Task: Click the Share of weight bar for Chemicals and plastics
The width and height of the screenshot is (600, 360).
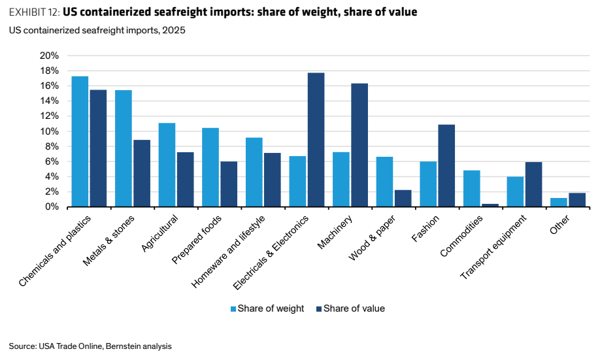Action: [x=80, y=142]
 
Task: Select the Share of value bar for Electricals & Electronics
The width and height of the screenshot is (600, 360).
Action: [x=316, y=140]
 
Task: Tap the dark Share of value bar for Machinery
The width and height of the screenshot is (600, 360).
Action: [x=359, y=146]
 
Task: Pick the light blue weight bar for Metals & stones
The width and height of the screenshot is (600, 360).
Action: [x=124, y=148]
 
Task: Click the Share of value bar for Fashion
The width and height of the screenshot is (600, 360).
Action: [x=446, y=166]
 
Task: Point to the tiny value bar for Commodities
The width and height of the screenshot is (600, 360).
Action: [x=490, y=205]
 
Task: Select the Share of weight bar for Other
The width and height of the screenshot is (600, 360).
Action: [x=559, y=203]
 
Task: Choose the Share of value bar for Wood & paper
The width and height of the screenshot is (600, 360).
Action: [x=403, y=199]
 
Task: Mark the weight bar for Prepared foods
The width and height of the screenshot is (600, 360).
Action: [x=210, y=167]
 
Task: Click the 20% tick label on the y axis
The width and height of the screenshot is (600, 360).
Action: [x=50, y=56]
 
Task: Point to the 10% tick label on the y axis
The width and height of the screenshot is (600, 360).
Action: [x=50, y=131]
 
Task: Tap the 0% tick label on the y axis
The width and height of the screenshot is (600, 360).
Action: [x=52, y=206]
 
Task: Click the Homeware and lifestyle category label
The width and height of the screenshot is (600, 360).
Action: [x=228, y=252]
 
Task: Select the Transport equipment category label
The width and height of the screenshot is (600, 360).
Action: [x=493, y=247]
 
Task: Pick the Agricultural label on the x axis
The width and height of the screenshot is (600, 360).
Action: [x=159, y=233]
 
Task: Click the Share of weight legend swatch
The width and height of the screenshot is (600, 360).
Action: [x=233, y=309]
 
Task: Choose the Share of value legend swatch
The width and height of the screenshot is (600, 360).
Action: [x=319, y=309]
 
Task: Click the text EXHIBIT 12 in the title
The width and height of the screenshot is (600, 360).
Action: [x=34, y=12]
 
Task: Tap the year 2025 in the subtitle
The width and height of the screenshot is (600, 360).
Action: [x=174, y=30]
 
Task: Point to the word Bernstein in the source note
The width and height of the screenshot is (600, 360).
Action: [x=122, y=346]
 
